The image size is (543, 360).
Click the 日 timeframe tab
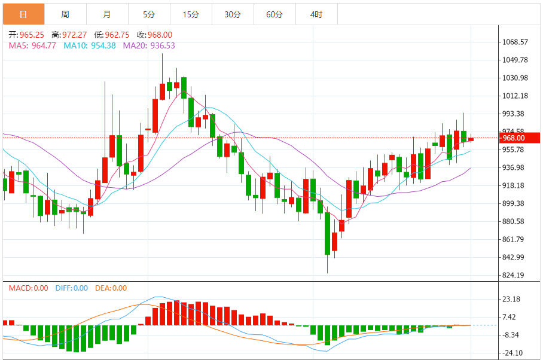(23, 14)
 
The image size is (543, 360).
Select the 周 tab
(65, 14)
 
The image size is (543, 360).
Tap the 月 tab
(107, 14)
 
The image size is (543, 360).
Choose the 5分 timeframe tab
(149, 14)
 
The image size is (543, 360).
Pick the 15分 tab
(191, 14)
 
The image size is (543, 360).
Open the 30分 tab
(233, 14)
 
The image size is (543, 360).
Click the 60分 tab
(274, 14)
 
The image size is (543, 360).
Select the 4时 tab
(316, 14)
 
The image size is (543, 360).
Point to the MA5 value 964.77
(44, 45)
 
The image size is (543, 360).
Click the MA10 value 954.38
(103, 45)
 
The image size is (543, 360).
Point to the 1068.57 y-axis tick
(515, 42)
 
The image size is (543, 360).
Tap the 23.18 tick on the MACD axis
(513, 299)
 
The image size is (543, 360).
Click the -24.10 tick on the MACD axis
(513, 353)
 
